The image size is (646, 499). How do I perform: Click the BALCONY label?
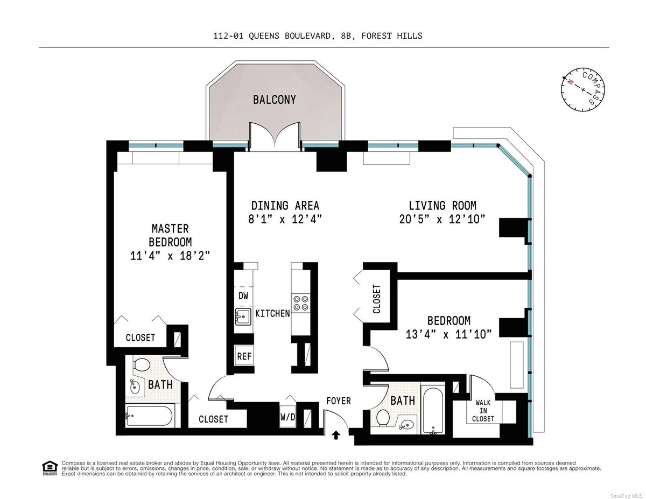coord(275,100)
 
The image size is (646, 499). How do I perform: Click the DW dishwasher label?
coord(243,296)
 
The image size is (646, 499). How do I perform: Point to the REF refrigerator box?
coord(244,356)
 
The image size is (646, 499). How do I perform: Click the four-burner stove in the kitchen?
coord(300,303)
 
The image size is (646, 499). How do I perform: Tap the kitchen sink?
coord(243,317)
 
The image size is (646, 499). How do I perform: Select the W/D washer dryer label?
coord(287,417)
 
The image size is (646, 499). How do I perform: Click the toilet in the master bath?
coord(141,365)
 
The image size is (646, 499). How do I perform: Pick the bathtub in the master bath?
coord(149,415)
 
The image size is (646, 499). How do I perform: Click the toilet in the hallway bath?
coord(383,417)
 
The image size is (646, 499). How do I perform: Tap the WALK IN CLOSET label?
coord(484,410)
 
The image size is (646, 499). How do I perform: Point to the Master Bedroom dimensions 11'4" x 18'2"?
coord(170,256)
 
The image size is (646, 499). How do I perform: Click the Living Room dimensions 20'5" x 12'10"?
coord(442,219)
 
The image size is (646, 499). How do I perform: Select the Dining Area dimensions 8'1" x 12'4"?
coord(285,219)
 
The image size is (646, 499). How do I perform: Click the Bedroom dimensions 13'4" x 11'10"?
coord(449,334)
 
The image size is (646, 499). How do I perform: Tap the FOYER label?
coord(339,401)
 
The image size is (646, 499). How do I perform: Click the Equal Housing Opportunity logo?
coord(49,468)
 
